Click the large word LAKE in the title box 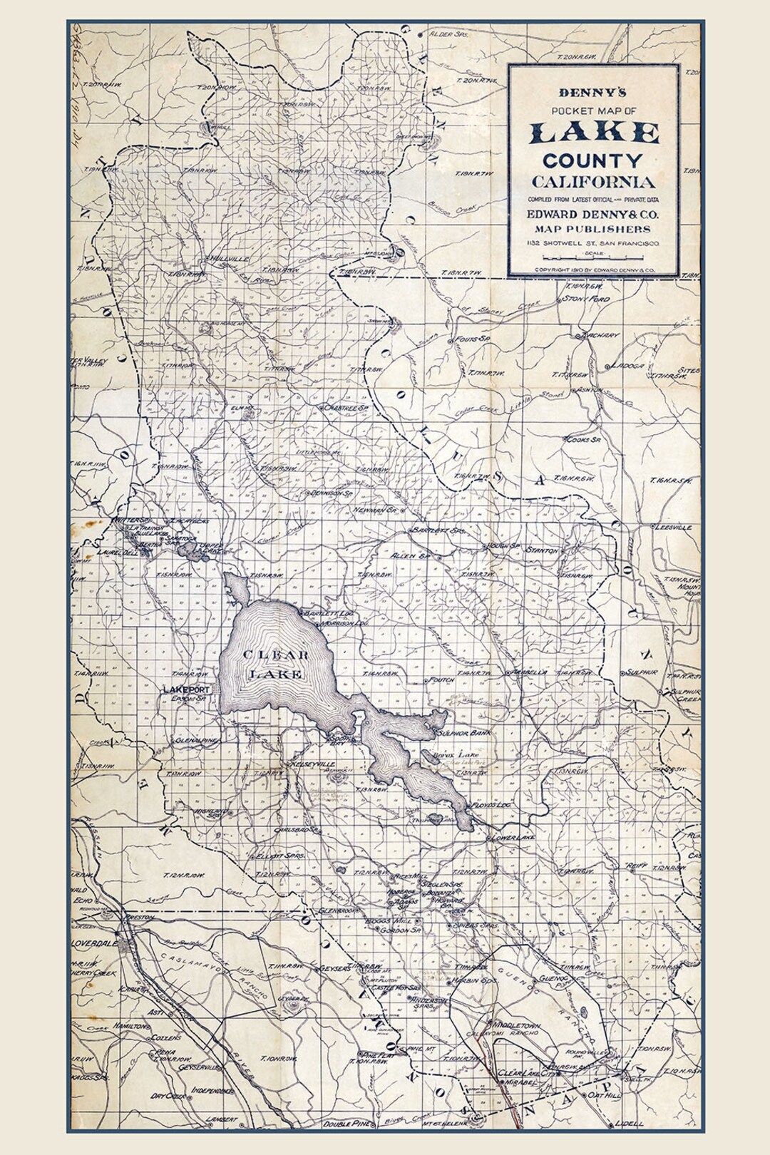pos(594,133)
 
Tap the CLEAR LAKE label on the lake pos(275,664)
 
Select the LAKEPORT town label pos(187,689)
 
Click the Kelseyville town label pos(311,764)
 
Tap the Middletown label pos(515,1026)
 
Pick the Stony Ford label pos(586,299)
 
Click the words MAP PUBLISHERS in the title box pos(593,229)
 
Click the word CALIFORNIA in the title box pos(593,181)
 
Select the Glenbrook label pos(337,910)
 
